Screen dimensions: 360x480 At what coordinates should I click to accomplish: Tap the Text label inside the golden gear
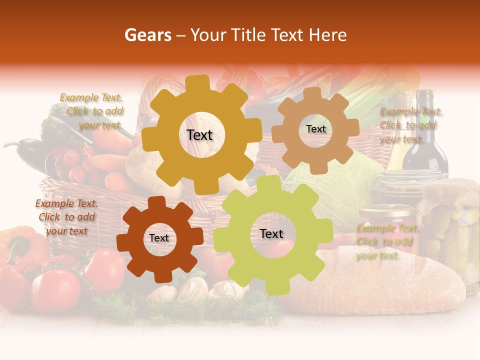(199, 135)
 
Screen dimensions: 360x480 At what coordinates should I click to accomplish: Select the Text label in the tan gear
(315, 129)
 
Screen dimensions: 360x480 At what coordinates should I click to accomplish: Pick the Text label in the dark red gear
(159, 238)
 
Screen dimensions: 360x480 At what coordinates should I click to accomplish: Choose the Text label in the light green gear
(271, 234)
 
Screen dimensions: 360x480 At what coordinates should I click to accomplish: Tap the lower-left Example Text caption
(66, 217)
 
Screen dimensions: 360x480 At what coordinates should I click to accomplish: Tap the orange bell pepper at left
(22, 245)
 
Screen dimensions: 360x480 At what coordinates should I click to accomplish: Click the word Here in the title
(328, 35)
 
